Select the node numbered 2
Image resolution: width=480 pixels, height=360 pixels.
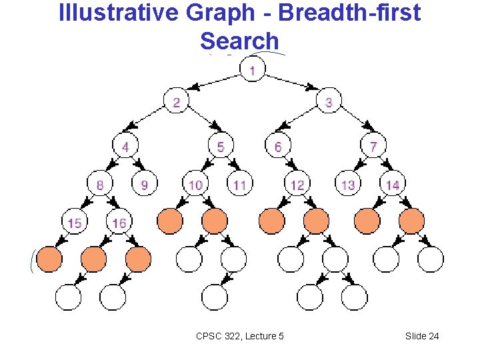177,102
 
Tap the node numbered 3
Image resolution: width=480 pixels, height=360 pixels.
329,102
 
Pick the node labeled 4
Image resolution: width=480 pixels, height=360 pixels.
125,145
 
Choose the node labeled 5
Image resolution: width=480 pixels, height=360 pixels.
221,145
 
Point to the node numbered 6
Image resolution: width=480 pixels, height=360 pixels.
277,145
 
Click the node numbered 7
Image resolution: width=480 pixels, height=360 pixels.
373,145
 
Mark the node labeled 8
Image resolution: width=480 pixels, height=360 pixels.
100,184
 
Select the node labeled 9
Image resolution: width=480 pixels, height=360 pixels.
145,184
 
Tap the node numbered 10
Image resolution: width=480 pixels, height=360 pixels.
195,184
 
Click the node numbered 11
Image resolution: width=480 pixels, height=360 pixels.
240,184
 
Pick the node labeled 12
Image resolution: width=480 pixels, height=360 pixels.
297,184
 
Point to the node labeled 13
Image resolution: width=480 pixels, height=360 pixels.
348,184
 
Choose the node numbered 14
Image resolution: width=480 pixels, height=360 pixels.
393,184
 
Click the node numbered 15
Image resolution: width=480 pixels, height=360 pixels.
75,222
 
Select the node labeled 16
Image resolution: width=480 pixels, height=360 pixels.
119,222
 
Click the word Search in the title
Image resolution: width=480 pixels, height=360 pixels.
239,41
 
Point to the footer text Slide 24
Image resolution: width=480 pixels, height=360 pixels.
422,336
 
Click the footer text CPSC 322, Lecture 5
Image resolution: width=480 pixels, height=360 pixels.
240,336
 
